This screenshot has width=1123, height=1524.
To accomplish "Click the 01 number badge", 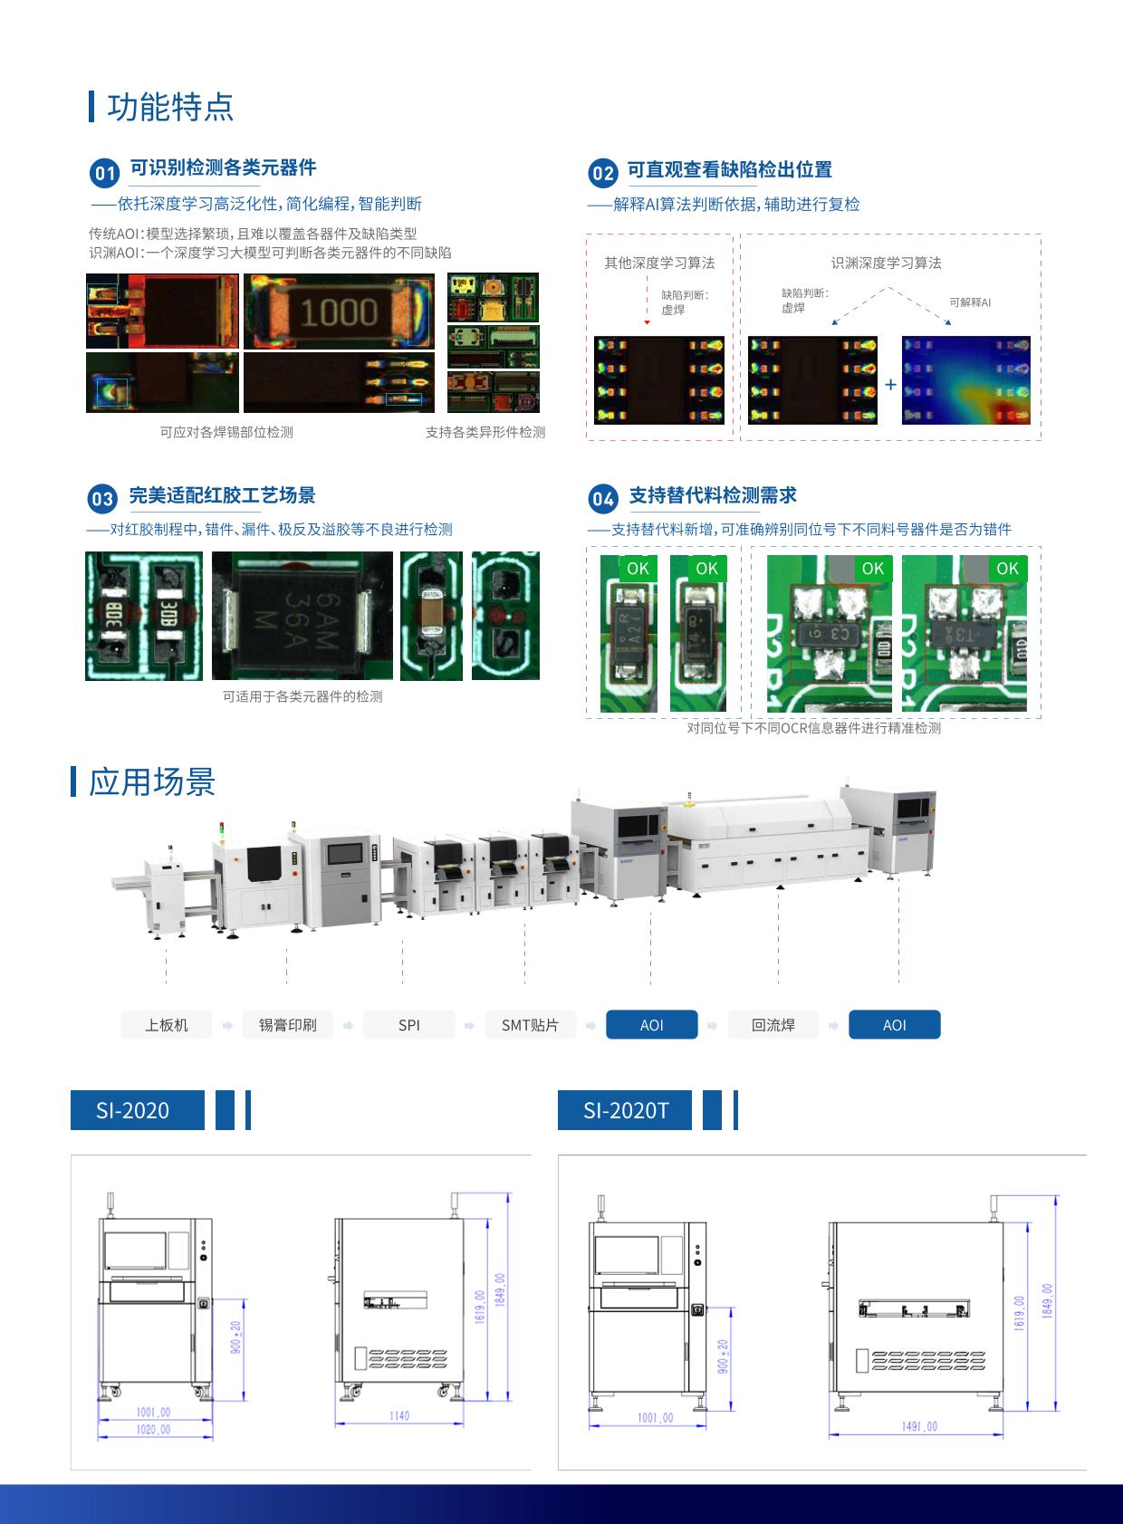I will coord(105,173).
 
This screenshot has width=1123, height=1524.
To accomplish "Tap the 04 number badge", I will coord(603,499).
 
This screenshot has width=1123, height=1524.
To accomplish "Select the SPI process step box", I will coord(409,1025).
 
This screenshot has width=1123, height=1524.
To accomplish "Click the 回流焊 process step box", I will coord(773,1025).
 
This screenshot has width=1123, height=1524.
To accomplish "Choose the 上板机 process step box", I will coord(167,1025).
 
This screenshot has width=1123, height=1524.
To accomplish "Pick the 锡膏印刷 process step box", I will coord(288,1025).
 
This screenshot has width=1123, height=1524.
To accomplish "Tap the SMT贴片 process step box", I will coord(531,1025).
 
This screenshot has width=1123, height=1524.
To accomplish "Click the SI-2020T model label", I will coord(625,1110).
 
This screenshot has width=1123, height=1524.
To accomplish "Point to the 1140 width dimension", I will coord(399,1415).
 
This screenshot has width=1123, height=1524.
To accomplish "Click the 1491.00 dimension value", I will coord(919,1426).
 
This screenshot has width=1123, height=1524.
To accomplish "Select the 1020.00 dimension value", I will coord(153,1430).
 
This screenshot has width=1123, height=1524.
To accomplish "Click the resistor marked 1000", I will coord(339,312).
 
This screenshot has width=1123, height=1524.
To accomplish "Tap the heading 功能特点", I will coord(170,107).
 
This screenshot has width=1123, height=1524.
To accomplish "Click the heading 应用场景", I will coord(152,781).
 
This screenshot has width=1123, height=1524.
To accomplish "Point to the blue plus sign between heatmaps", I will coord(890,385).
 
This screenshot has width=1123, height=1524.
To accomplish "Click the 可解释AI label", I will coord(970,302).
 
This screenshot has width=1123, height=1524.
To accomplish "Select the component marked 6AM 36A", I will coord(302,616).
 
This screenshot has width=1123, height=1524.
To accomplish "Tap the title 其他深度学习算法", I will coord(659,264).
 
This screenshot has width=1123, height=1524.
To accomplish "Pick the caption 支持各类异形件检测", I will coord(485,433).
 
